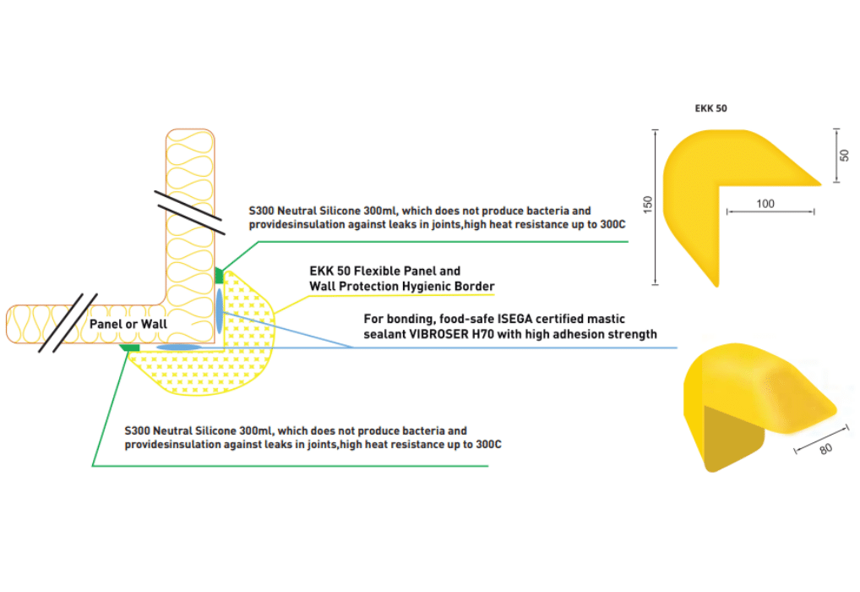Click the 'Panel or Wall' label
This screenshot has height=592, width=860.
coord(128,323)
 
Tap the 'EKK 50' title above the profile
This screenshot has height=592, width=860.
coord(710,108)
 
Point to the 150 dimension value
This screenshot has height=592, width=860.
coord(647,206)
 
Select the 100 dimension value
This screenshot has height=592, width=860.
coord(765,204)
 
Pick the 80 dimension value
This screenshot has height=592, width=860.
coord(825,448)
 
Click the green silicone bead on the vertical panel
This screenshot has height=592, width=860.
coord(220,276)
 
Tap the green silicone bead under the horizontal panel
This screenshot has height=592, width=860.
coord(129,347)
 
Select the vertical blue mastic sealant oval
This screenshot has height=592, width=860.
coord(220,310)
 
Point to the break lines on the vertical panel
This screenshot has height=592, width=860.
coord(190,212)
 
